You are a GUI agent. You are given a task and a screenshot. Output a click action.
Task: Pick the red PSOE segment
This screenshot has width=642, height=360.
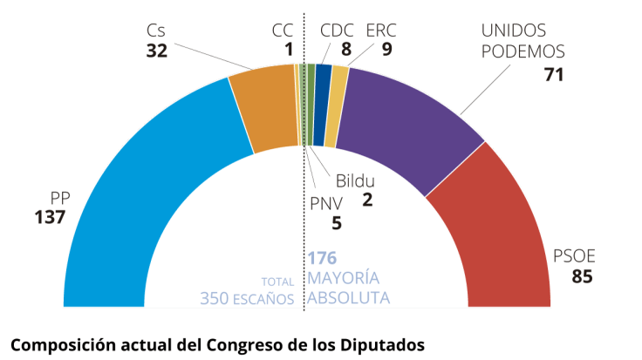pos(488,227)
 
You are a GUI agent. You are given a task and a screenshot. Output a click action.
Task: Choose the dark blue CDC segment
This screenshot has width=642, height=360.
pos(322,103)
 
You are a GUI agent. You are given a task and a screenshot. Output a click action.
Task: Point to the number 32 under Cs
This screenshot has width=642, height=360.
pos(156,51)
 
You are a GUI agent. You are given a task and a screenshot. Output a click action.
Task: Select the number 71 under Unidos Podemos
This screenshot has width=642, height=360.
pos(553,75)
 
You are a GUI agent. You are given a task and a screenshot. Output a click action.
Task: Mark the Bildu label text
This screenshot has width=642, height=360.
pos(355,182)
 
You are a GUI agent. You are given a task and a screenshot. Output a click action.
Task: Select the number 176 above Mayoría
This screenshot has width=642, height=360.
pos(322,258)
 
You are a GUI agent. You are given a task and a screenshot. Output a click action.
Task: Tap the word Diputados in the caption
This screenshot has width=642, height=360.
pos(385,343)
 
